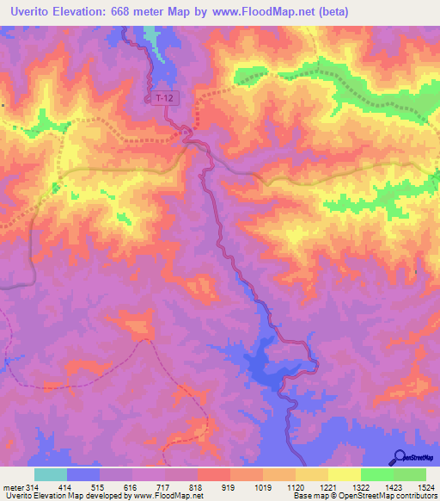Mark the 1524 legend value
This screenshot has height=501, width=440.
(x=425, y=488)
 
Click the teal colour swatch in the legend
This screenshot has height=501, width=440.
(x=51, y=474)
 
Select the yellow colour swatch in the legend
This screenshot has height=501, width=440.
(x=344, y=474)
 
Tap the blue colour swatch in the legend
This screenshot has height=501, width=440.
(x=83, y=474)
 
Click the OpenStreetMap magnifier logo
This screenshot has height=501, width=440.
(x=400, y=458)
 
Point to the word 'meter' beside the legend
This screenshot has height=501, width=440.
(x=10, y=488)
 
